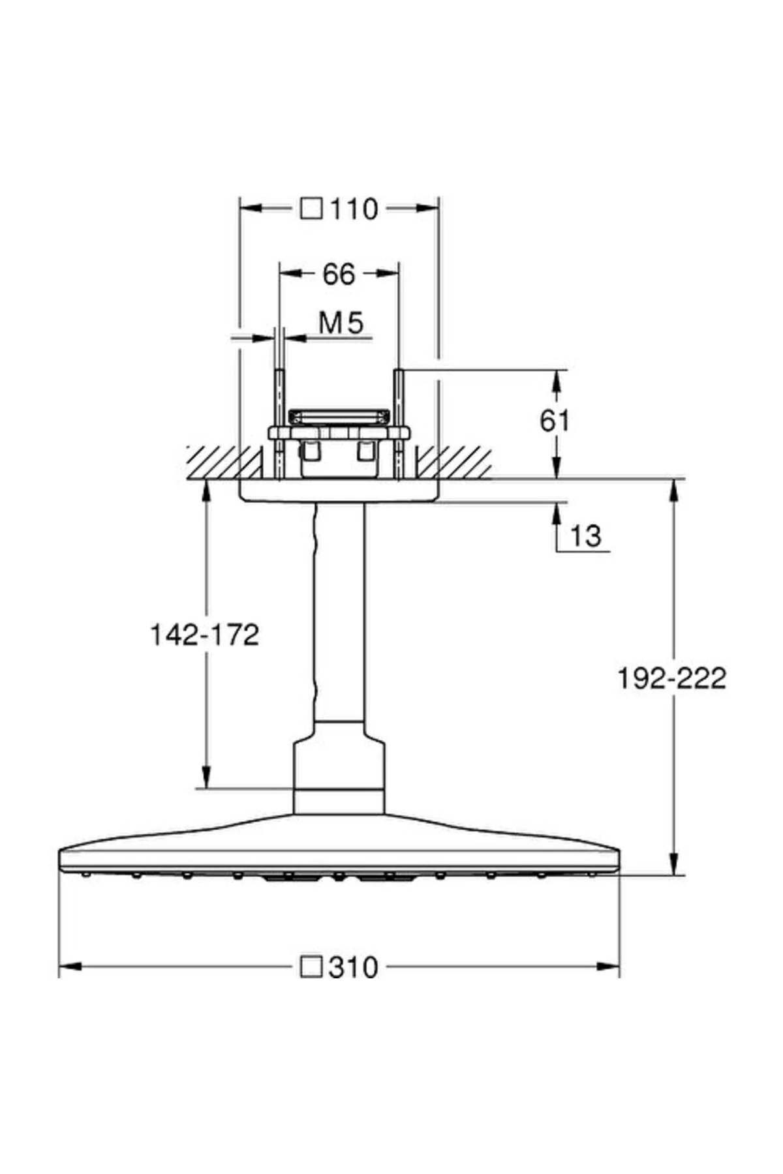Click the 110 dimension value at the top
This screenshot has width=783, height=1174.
354,209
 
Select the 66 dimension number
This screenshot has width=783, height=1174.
339,275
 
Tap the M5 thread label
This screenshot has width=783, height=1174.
341,323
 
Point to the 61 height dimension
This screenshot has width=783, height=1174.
555,421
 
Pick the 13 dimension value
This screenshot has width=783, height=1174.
585,536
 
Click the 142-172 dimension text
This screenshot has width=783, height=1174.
205,634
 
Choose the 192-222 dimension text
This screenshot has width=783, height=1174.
671,679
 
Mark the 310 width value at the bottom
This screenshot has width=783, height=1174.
353,967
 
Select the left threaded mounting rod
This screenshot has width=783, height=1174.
279,424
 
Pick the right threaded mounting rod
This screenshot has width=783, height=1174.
398,424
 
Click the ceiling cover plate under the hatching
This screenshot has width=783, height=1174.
339,491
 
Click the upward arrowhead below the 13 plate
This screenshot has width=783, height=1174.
556,512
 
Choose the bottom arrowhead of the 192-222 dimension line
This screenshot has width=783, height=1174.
675,864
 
